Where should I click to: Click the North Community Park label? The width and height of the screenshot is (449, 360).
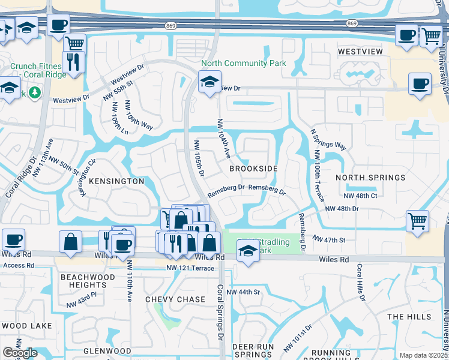pos(243,63)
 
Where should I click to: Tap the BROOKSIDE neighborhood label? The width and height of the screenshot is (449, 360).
pos(253,169)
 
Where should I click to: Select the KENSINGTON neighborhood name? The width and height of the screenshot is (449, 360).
pos(117,181)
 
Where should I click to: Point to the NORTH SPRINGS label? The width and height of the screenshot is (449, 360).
pos(370,178)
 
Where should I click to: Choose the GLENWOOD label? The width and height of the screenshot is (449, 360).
pos(107,350)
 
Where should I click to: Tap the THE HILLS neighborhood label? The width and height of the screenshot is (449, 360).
pos(409,316)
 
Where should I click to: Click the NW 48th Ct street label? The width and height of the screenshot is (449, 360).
pos(360,196)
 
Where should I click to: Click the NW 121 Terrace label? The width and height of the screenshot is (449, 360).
pos(191,268)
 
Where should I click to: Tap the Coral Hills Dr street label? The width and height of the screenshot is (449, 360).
pos(360,280)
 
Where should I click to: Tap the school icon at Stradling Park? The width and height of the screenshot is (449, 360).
pos(248,251)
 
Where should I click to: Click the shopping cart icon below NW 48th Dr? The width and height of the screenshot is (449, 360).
pos(417,220)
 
